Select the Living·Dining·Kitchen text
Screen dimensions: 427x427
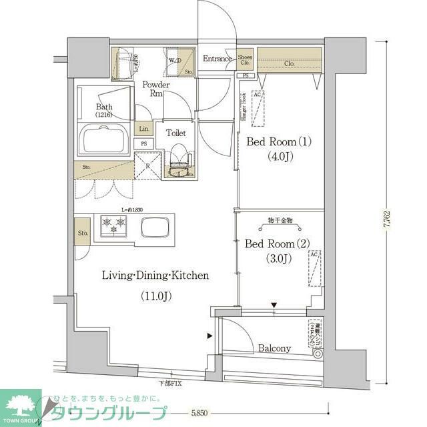click(155, 275)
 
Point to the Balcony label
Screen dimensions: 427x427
click(274, 348)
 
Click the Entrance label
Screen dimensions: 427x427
click(217, 59)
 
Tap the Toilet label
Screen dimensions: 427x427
click(175, 133)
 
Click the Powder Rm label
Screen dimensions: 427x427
click(155, 89)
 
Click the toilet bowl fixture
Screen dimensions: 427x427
click(177, 163)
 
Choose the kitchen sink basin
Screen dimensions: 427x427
click(157, 227)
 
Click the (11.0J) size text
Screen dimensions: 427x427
click(155, 295)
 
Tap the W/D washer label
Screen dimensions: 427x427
click(175, 61)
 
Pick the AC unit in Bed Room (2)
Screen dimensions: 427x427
click(315, 267)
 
